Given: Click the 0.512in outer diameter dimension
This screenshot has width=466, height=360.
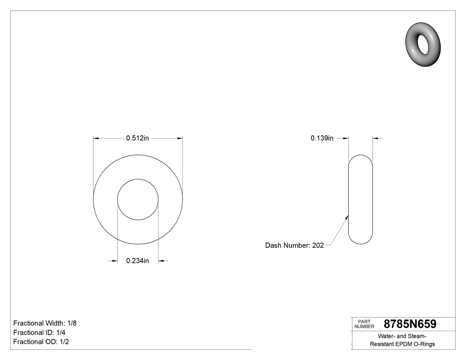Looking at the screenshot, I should coord(138,138).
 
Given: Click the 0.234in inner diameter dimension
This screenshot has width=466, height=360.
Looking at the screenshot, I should coord(138,261).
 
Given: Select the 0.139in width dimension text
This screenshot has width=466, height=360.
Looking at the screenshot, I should coord(322,138).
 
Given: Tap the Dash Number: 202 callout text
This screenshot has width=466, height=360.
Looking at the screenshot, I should coord(294,245).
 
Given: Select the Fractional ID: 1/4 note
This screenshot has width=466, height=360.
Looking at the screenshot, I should coord(40,332).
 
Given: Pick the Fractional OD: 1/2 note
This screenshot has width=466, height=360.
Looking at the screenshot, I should coord(41,342).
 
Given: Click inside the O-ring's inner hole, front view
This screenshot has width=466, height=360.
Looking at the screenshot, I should coord(138,199).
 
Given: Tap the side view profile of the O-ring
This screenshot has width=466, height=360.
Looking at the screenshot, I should coord(360,199).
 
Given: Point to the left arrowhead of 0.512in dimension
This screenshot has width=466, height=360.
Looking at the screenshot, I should coord(96,138).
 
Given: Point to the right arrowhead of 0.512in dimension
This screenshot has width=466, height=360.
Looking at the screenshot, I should coord(180,138).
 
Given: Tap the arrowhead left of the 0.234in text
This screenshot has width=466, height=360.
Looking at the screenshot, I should coord(115,261).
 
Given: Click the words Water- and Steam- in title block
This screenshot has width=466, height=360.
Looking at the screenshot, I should coord(403,336).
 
